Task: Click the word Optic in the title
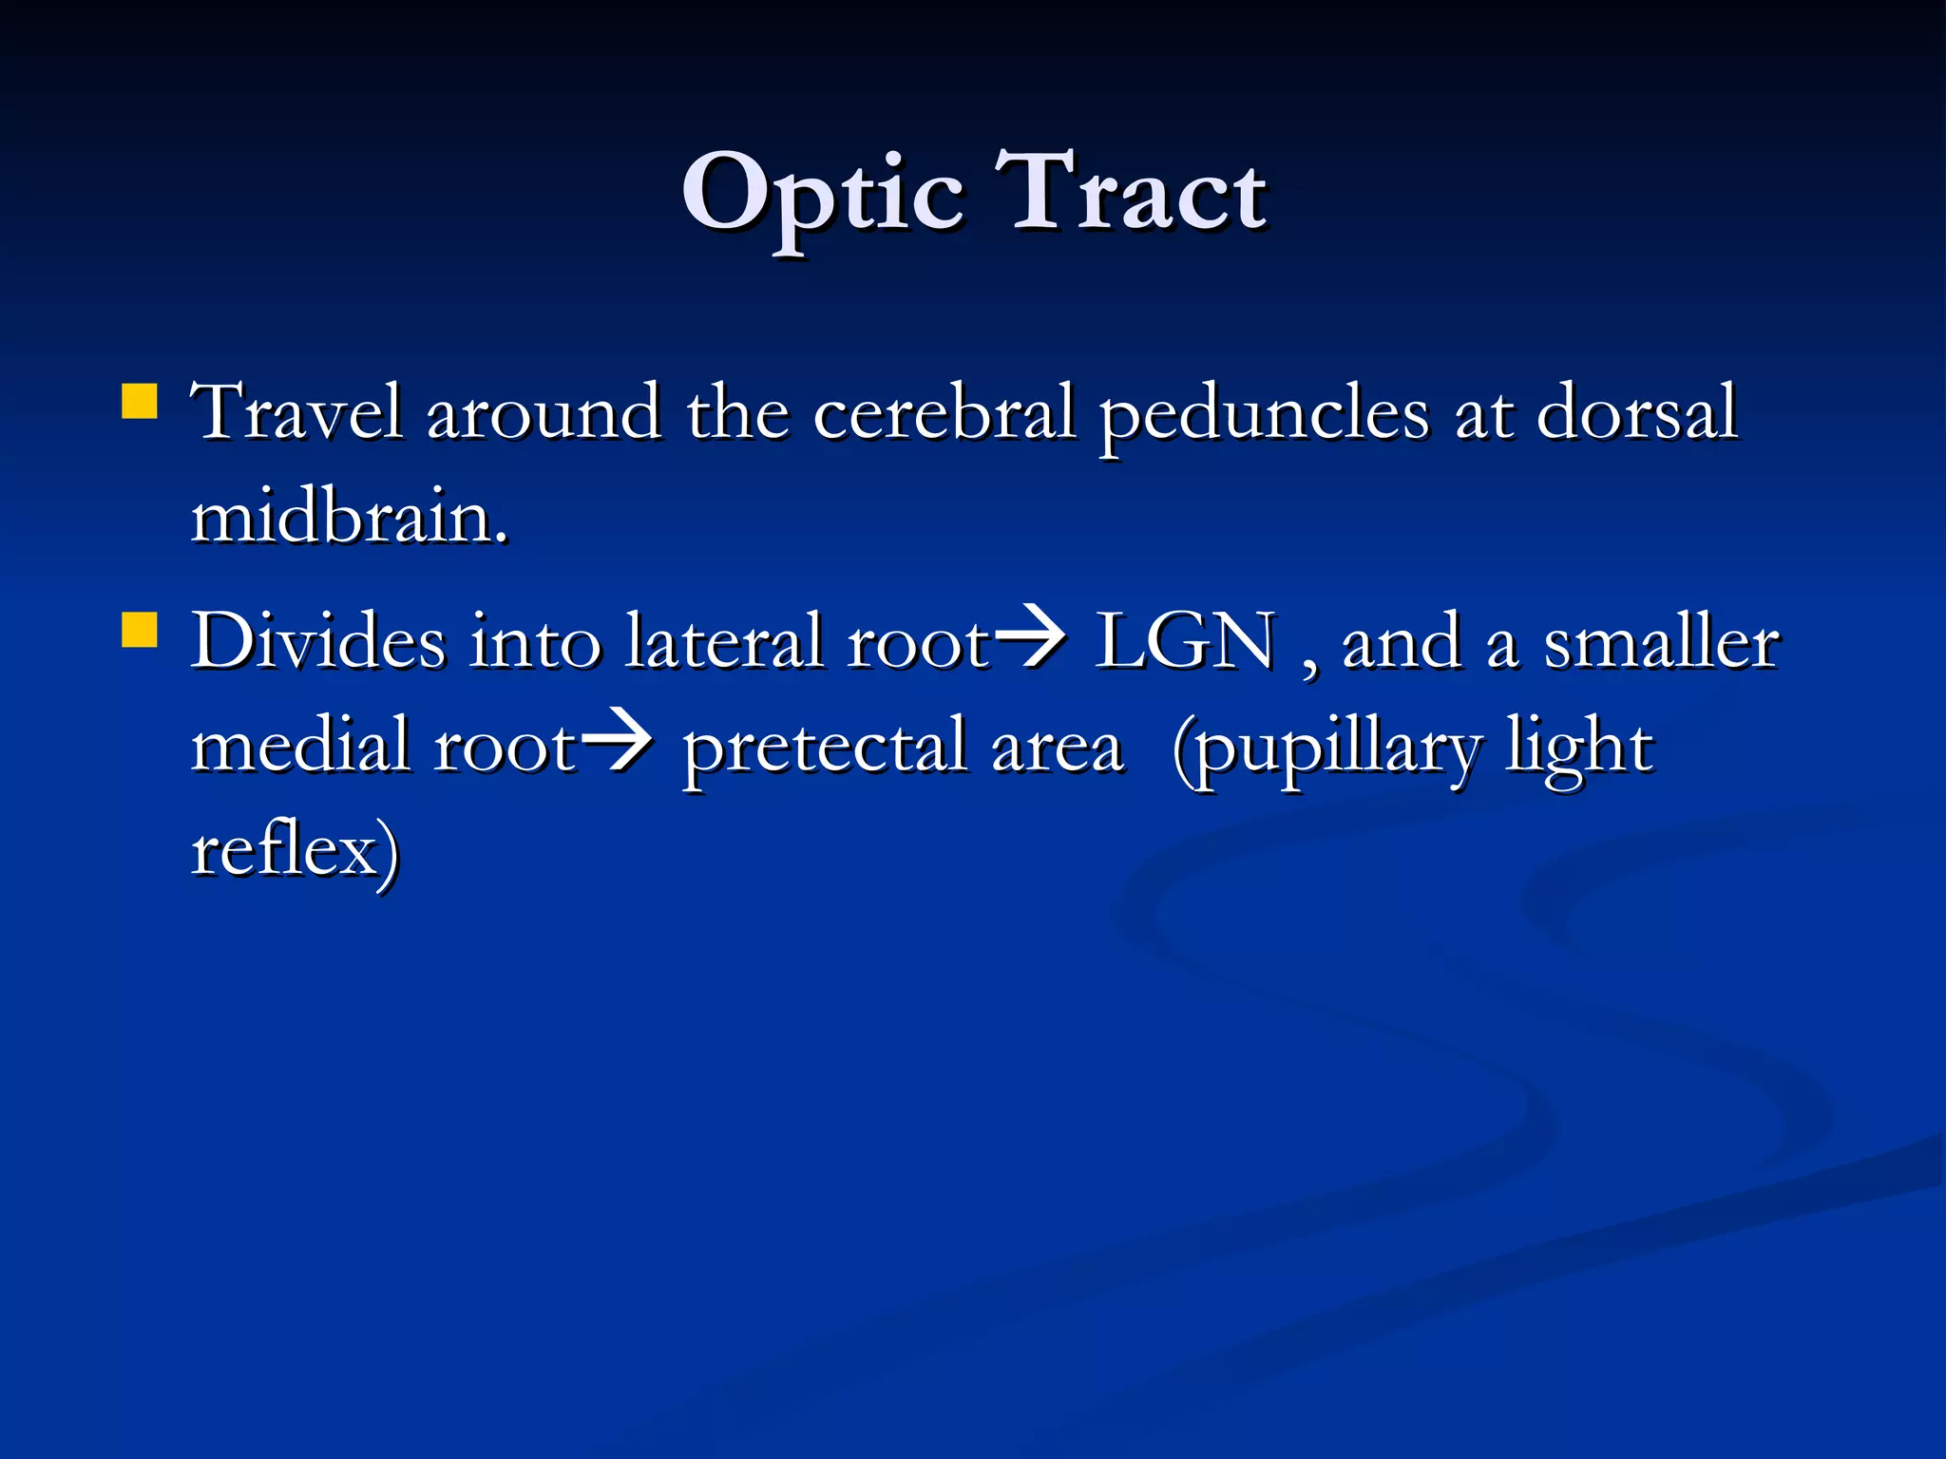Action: coord(823,196)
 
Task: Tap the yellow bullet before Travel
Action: coord(140,401)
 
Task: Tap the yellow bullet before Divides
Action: coord(140,629)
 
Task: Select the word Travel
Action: coord(297,413)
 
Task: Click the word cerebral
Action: coord(944,413)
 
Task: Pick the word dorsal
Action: coord(1636,413)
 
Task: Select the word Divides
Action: coord(318,642)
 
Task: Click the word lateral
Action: coord(724,642)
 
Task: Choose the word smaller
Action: coord(1660,642)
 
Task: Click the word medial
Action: coord(300,746)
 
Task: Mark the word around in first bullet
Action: coord(544,413)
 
